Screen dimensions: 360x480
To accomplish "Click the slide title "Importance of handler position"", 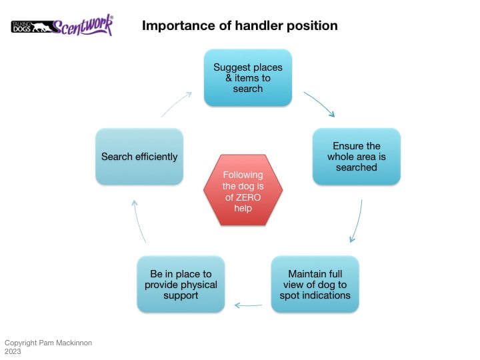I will click(x=239, y=26).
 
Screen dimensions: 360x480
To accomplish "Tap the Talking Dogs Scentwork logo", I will click(x=62, y=26).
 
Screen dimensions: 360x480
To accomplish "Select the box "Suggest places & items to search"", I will click(x=248, y=77).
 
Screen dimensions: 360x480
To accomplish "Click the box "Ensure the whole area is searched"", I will click(x=357, y=157).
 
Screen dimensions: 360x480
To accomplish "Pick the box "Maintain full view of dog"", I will click(x=315, y=284).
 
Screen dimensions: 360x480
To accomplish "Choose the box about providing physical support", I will click(x=181, y=284).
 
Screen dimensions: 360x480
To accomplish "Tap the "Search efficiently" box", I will click(x=139, y=157).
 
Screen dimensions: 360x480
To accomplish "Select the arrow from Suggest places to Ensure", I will click(x=320, y=104).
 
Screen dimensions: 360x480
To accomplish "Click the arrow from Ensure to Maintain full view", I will click(x=357, y=221).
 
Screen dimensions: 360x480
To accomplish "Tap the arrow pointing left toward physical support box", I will click(x=248, y=305).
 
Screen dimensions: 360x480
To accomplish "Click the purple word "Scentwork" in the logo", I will click(x=82, y=26).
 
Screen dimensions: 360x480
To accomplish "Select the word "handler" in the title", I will click(x=257, y=26).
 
